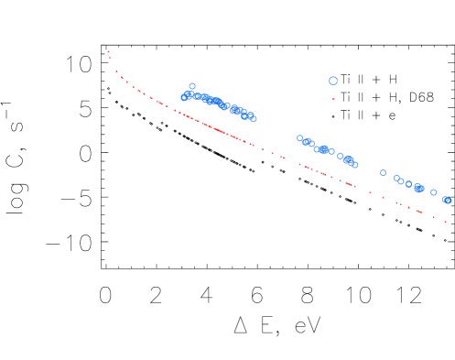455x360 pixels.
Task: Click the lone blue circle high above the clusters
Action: point(332,81)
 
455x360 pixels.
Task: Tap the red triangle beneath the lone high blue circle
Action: point(333,98)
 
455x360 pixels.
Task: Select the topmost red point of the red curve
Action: point(108,51)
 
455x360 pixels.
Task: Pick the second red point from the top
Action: point(110,58)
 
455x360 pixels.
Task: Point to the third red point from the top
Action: point(116,71)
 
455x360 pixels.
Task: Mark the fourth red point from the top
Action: point(122,77)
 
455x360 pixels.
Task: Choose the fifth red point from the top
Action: point(127,82)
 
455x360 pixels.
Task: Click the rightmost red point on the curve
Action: point(446,222)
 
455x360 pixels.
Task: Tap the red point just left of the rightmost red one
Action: point(433,217)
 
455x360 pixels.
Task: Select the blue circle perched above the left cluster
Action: point(191,86)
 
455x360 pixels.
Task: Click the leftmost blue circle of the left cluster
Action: point(183,97)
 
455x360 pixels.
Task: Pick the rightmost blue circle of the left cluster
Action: point(254,119)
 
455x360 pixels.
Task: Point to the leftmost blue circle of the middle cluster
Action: point(299,138)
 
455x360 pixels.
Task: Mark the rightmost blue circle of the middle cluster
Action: point(355,165)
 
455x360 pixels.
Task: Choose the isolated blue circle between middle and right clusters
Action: point(383,172)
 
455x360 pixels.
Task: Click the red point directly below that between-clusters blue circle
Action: point(383,197)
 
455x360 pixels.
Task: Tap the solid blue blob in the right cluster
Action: point(417,188)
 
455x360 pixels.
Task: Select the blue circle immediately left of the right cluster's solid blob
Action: point(408,184)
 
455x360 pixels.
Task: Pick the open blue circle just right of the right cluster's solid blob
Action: point(433,192)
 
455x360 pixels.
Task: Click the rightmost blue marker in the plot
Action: point(449,201)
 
